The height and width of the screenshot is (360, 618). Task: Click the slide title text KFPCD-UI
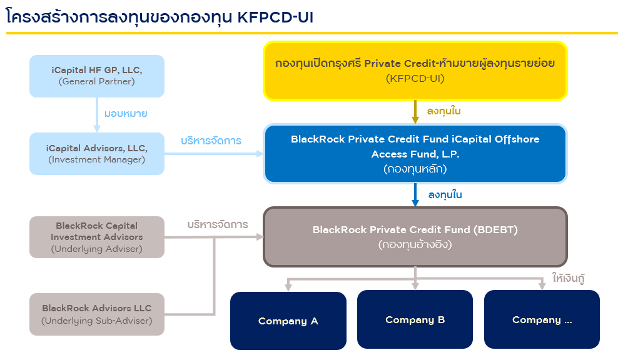coord(275,18)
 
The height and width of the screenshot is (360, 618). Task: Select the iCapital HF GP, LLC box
coord(97,76)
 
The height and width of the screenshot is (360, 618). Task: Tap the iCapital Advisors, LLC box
coord(97,153)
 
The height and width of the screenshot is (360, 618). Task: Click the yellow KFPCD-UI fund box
coord(415,71)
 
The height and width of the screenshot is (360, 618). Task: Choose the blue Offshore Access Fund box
coord(415,153)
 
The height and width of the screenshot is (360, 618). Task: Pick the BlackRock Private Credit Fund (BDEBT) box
coord(415,236)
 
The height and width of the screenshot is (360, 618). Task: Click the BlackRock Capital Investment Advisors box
coord(97,237)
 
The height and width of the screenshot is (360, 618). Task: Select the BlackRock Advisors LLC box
coord(97,314)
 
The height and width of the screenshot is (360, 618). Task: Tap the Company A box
coord(288,321)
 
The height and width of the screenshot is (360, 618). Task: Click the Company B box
coord(415,319)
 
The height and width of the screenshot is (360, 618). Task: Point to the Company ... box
coord(542,319)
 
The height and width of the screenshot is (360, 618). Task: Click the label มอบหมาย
coord(126,114)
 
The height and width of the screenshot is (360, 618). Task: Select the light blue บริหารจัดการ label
coord(211,141)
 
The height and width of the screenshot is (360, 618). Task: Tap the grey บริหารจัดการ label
coord(218,224)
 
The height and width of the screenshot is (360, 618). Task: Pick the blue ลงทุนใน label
coord(445,195)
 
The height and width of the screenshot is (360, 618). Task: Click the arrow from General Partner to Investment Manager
coord(98,114)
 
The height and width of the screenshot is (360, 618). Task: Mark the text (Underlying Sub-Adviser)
coord(97,321)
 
